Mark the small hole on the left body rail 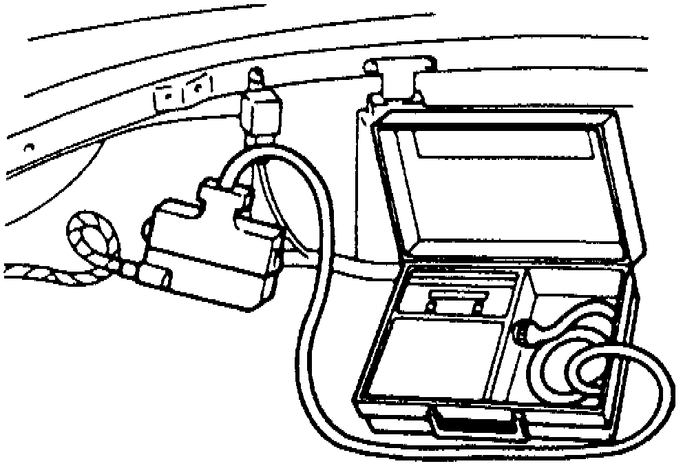click(x=29, y=147)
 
